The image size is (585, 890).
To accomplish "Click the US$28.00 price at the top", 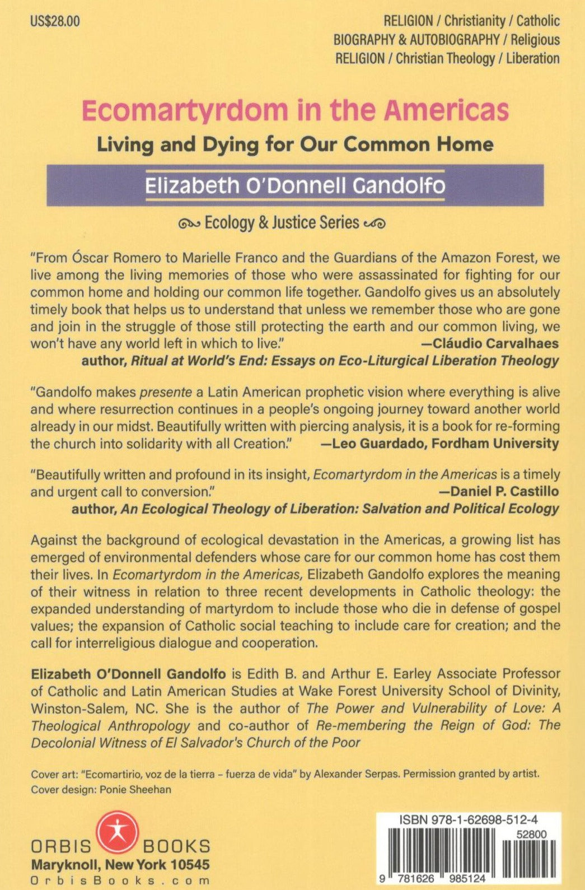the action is coord(55,22).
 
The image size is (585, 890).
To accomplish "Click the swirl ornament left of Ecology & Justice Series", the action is coord(189,224).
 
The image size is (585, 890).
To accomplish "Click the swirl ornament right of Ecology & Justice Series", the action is coord(374,224).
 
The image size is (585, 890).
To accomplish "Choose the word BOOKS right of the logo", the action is coord(177,846).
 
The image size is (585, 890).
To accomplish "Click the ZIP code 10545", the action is coord(190,864).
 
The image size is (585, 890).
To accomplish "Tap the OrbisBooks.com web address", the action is coord(120,880).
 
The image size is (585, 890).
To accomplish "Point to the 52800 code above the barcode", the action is coord(532,834).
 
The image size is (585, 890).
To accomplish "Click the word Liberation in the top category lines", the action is coord(532,58).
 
